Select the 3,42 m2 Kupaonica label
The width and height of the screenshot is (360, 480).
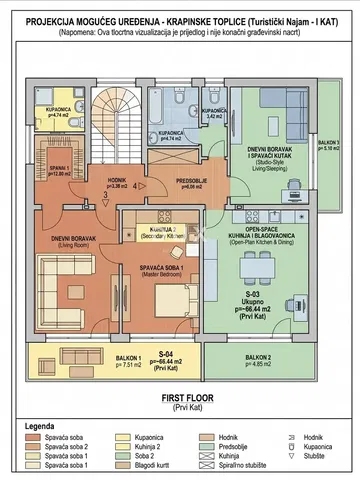tap(214, 113)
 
